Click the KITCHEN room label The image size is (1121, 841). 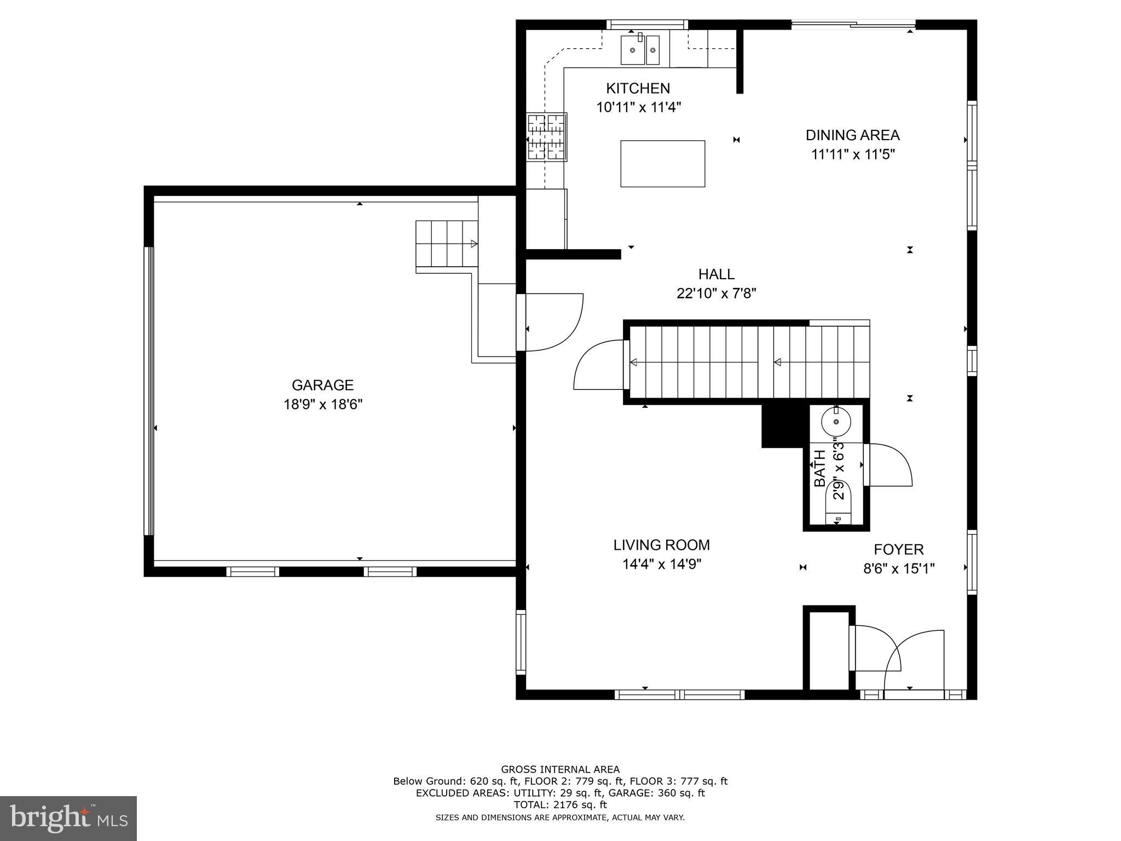638,88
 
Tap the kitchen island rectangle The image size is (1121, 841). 662,164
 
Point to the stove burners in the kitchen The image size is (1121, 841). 546,137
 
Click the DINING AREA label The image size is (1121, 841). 852,135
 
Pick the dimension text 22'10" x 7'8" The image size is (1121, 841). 716,293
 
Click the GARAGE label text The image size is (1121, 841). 322,385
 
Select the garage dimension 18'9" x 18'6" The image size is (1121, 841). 322,405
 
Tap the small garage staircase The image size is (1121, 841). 447,244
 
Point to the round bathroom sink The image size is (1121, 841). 836,422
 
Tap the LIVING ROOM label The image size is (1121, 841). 661,545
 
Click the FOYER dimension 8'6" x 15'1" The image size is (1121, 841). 899,569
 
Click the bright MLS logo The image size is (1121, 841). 68,818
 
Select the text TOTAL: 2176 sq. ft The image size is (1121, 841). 560,805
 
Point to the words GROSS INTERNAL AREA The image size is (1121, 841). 560,769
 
